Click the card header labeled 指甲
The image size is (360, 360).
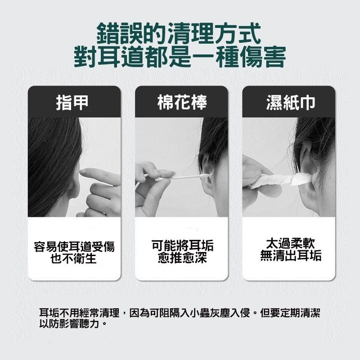point(74,103)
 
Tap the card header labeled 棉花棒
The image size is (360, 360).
point(181,103)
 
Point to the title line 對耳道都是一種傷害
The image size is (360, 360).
point(180,57)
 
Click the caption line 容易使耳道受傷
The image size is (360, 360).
point(74,247)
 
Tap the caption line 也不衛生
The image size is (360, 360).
point(74,259)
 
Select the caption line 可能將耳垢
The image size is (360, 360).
point(182,246)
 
